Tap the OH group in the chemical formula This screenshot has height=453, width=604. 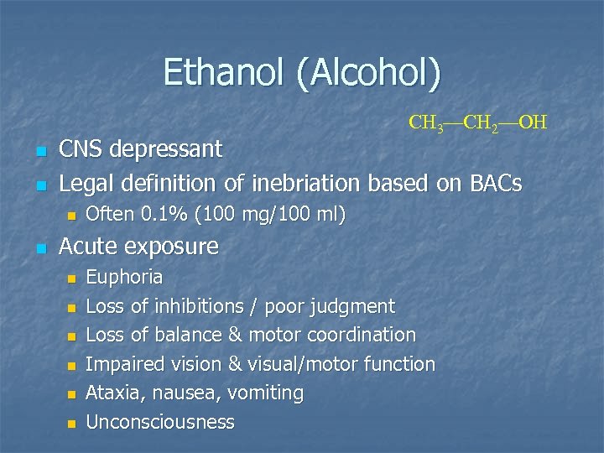(533, 123)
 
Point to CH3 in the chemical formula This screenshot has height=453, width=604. (424, 124)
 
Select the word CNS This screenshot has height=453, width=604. (81, 149)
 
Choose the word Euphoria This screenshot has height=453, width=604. (125, 277)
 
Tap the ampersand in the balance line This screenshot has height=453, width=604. (213, 335)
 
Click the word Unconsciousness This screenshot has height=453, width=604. (160, 422)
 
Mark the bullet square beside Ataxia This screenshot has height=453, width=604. (71, 394)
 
